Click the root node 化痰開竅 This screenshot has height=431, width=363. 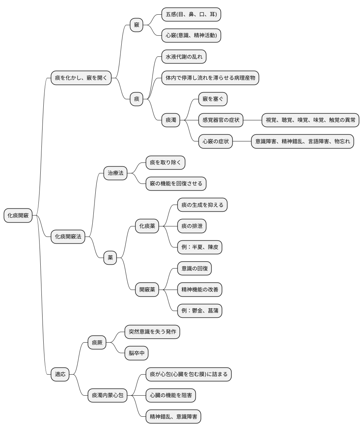tap(18, 215)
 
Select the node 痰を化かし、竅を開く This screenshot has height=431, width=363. tap(81, 78)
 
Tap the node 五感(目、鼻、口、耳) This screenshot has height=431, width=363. tap(191, 15)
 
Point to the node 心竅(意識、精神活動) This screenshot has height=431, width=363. tap(191, 36)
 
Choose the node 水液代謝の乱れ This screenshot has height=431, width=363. tap(184, 57)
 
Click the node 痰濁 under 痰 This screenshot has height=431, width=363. tap(171, 120)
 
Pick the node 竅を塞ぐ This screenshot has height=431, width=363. tap(213, 99)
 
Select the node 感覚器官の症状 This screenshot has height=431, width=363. tap(221, 120)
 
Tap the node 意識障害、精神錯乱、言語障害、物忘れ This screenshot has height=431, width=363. tap(302, 141)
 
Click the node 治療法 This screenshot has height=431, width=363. tap(116, 173)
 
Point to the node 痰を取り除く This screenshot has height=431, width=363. tap(165, 162)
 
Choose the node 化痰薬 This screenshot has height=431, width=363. tap(147, 226)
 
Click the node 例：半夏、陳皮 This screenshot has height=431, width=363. tap(200, 247)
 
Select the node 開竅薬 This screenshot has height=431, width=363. tap(147, 290)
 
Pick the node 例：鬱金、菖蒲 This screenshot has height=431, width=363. tap(200, 311)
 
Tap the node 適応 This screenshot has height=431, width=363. tap(60, 374)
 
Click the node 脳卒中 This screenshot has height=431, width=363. tap(136, 353)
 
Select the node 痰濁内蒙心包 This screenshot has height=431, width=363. tap(107, 395)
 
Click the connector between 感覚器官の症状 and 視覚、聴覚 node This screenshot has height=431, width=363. tap(252, 120)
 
